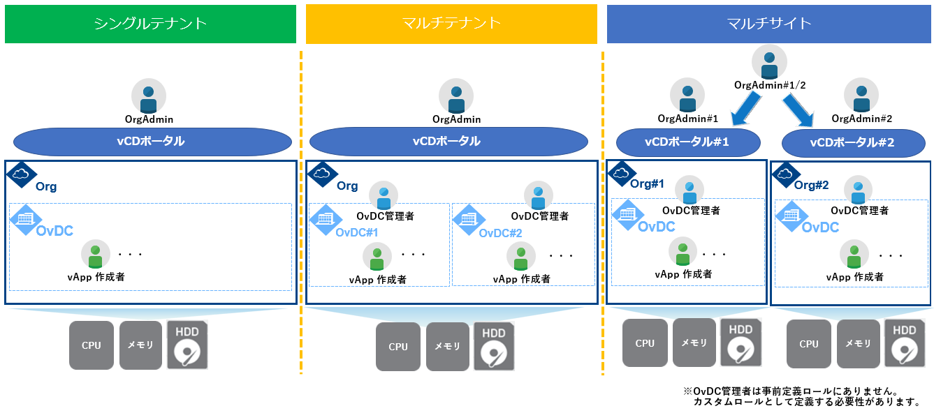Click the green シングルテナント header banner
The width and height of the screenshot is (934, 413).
tap(150, 24)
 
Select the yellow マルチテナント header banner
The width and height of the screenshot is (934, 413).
tap(451, 24)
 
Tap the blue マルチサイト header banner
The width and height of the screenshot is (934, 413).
tap(768, 24)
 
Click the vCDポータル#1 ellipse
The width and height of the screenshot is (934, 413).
tap(687, 142)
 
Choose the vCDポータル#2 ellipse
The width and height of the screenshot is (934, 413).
tap(852, 143)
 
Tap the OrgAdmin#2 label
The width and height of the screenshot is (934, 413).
tap(862, 119)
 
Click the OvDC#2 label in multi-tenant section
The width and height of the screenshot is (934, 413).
tap(500, 233)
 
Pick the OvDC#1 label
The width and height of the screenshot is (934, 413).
tap(357, 232)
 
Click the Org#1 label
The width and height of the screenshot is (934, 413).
tap(647, 183)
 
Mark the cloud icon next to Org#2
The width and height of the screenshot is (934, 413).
tap(785, 174)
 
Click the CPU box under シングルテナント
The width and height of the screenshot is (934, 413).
tap(92, 345)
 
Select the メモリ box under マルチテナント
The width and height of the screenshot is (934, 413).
tap(448, 347)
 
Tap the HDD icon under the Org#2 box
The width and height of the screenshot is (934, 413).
tap(905, 343)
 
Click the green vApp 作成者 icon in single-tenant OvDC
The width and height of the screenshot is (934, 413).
tap(96, 254)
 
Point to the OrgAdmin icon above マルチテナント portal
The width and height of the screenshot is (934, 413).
tap(456, 96)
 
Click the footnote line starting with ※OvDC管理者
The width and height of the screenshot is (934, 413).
tap(790, 391)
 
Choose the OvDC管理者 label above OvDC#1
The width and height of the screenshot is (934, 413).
tap(385, 216)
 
